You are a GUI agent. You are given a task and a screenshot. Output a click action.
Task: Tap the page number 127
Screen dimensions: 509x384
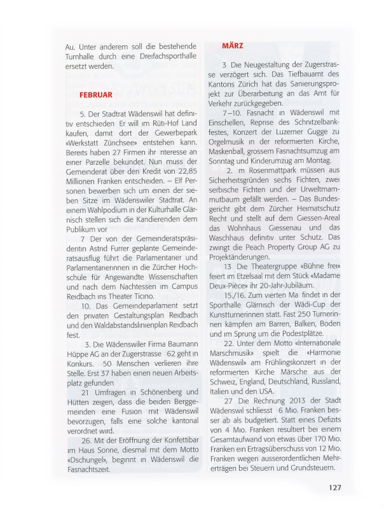pos(336,487)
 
